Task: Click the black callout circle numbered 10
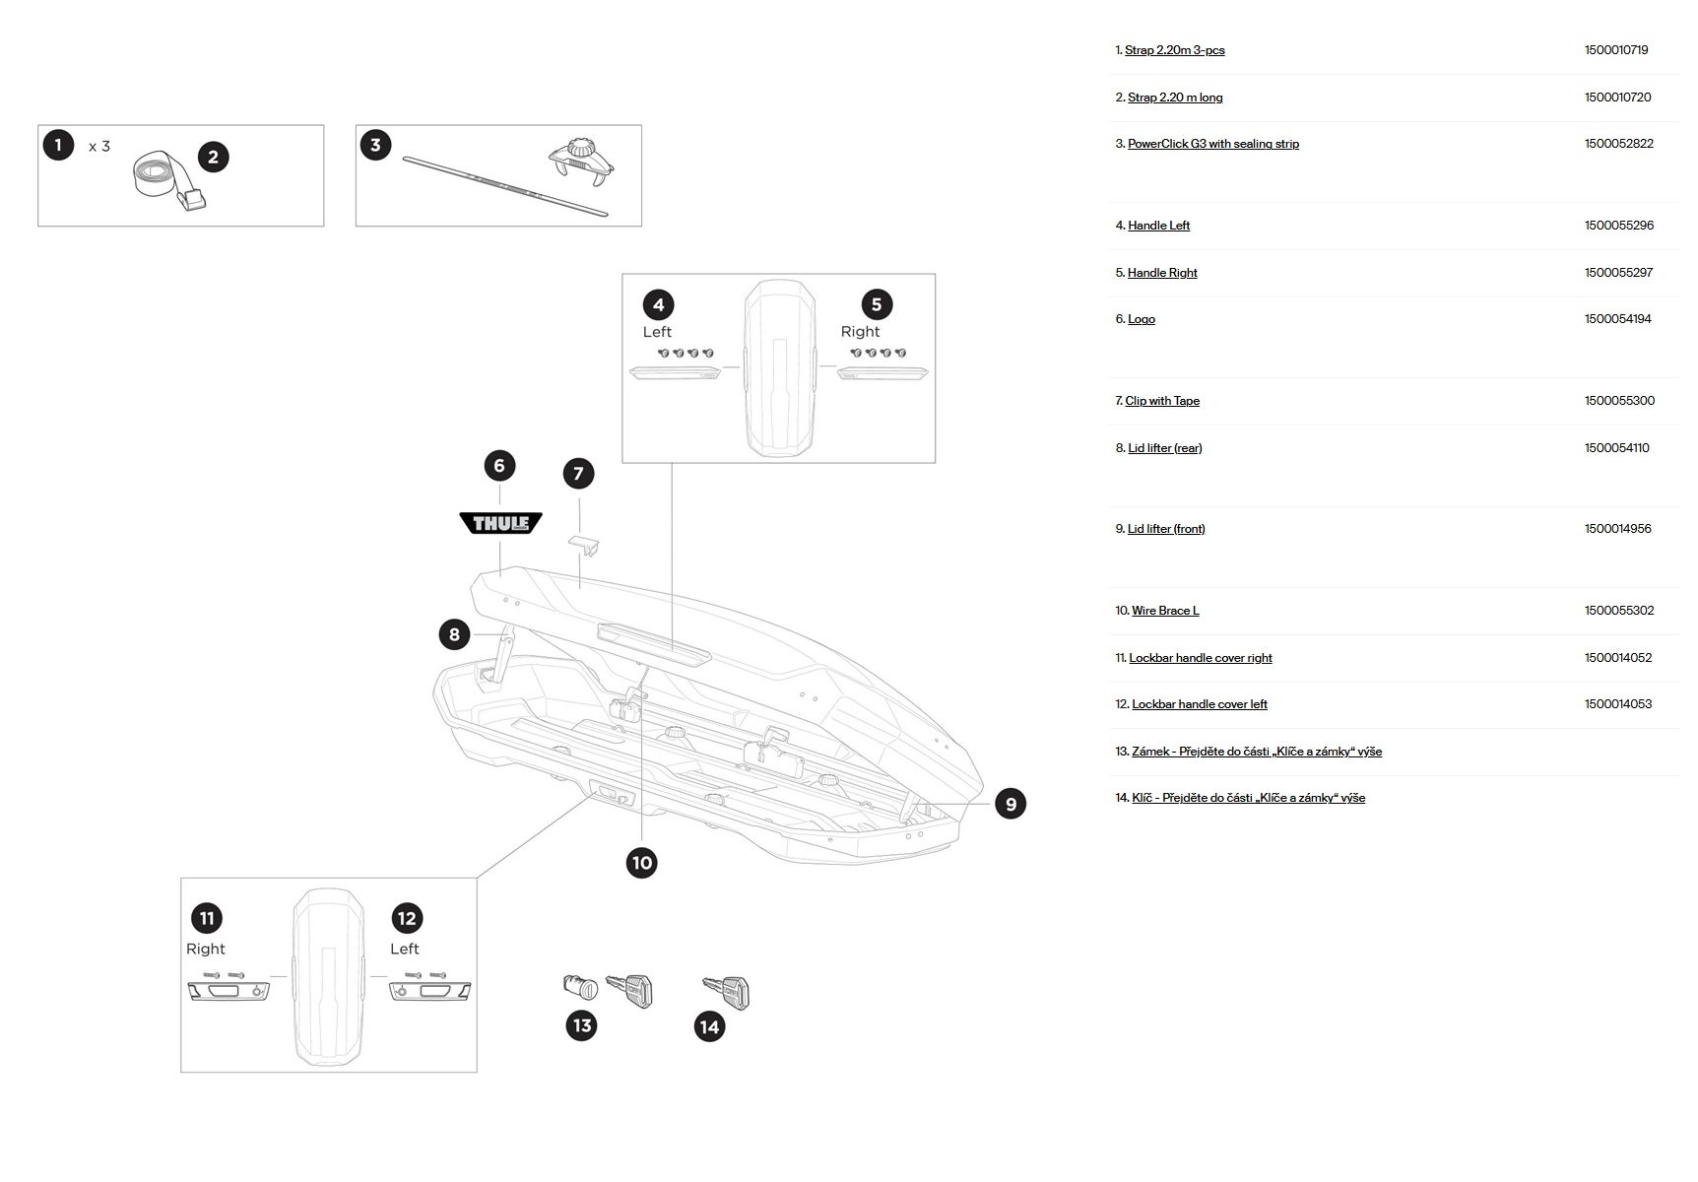[x=641, y=863]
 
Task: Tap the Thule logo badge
[x=501, y=523]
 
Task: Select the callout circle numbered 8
[x=454, y=634]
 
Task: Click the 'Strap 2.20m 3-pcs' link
[x=1174, y=50]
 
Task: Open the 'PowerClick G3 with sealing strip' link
[x=1212, y=144]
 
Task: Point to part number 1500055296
[x=1618, y=226]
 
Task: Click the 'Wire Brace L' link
[x=1165, y=611]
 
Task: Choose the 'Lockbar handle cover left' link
[x=1199, y=704]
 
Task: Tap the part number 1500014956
[x=1617, y=529]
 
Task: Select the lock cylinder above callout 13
[x=580, y=986]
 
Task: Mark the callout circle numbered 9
[x=1010, y=804]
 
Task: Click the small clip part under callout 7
[x=584, y=543]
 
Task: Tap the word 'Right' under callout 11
[x=205, y=949]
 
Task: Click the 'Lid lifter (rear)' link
[x=1164, y=448]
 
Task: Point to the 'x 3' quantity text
[x=99, y=147]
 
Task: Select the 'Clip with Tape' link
[x=1162, y=401]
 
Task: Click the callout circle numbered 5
[x=876, y=304]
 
